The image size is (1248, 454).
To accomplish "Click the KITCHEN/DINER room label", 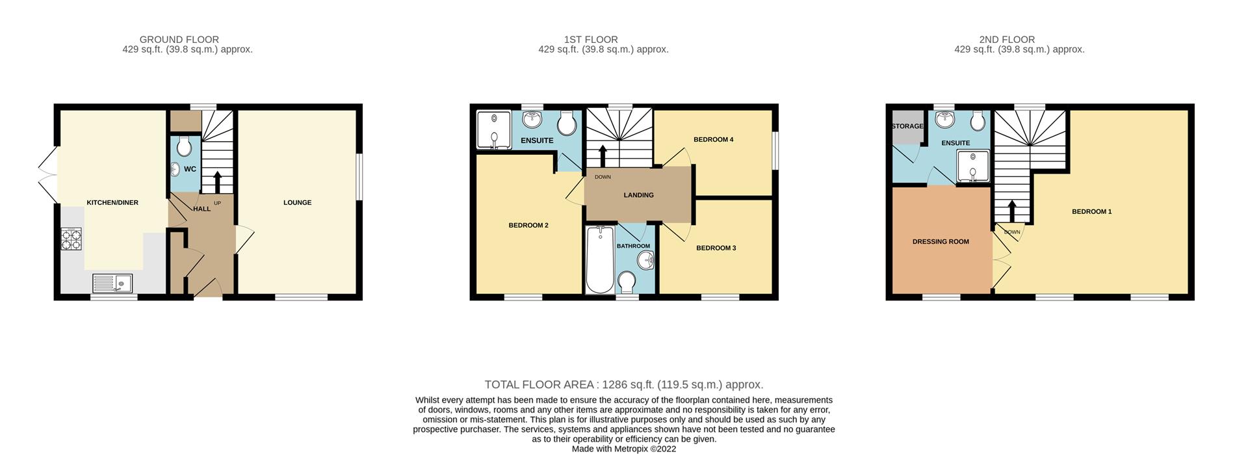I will click(x=112, y=203).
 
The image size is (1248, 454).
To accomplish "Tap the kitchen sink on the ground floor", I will click(x=112, y=283).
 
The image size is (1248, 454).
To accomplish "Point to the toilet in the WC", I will click(x=184, y=146).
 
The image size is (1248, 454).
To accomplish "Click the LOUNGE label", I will click(x=297, y=203).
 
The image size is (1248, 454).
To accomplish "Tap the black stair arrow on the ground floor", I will click(x=217, y=180).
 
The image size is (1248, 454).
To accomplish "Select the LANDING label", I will click(x=638, y=195).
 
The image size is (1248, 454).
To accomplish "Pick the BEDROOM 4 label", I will click(x=713, y=140).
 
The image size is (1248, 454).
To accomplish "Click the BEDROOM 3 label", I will click(x=716, y=248).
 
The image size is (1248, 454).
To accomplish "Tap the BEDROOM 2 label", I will click(x=528, y=226).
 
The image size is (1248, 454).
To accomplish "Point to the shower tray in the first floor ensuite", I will click(x=494, y=129).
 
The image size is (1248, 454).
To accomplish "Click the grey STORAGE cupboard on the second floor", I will click(x=907, y=126).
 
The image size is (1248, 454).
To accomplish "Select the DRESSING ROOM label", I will click(x=940, y=242).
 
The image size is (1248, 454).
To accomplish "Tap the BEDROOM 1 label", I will click(x=1091, y=212).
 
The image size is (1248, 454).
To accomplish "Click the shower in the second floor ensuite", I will click(x=972, y=165).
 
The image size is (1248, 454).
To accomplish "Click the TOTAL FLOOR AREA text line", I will click(x=623, y=385).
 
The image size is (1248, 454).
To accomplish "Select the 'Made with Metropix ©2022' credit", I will click(x=623, y=449).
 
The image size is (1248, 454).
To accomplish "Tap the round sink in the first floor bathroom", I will click(x=646, y=260).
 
